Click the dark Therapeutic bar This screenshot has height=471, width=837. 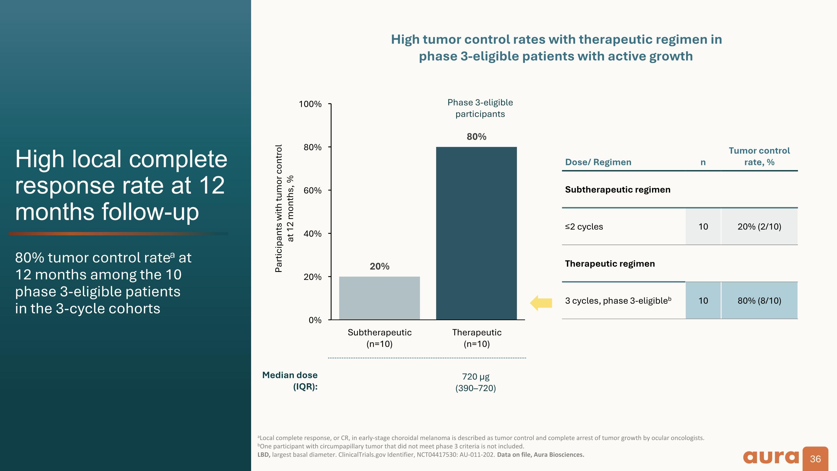[476, 233]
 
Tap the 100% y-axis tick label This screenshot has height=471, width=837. [310, 104]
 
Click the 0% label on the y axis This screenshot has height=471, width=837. [315, 320]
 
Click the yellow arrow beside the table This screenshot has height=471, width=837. [541, 303]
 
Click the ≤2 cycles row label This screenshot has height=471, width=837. [584, 226]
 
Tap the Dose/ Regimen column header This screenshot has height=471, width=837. [598, 162]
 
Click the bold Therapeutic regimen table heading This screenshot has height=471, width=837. [610, 264]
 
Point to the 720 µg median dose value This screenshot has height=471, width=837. [476, 377]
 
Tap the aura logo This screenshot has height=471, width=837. [771, 457]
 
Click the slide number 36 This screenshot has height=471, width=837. [816, 459]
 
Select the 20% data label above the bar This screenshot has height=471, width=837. [379, 267]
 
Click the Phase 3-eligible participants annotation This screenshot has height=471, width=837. [480, 108]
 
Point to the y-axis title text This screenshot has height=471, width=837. [284, 208]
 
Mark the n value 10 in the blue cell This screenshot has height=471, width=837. [703, 300]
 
